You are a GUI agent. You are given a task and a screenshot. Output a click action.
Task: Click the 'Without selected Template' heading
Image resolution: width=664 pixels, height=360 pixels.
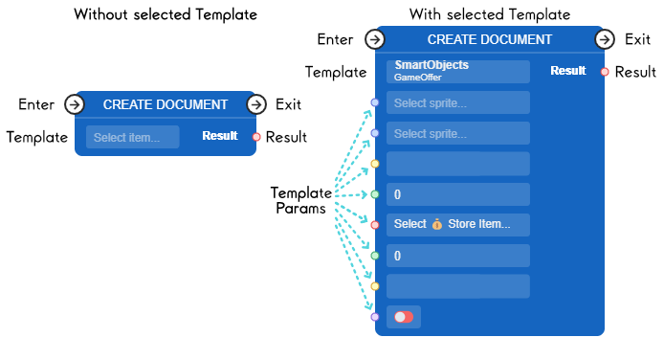pyautogui.click(x=165, y=14)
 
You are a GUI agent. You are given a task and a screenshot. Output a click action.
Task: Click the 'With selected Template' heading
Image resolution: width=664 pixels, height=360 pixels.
pyautogui.click(x=489, y=14)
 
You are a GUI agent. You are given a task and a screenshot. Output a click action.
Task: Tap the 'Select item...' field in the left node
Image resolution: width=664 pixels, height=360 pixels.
pyautogui.click(x=133, y=137)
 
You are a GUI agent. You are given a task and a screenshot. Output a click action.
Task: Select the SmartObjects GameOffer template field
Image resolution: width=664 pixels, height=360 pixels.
pyautogui.click(x=457, y=72)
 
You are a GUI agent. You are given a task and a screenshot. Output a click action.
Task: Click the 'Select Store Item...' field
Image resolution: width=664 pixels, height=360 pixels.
pyautogui.click(x=457, y=225)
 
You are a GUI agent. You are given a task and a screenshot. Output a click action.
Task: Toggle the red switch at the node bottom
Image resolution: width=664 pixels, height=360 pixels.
pyautogui.click(x=404, y=317)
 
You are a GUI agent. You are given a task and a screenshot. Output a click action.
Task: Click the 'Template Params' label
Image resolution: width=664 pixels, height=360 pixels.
pyautogui.click(x=300, y=200)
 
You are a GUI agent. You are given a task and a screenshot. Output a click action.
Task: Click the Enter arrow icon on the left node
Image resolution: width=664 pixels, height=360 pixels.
pyautogui.click(x=75, y=104)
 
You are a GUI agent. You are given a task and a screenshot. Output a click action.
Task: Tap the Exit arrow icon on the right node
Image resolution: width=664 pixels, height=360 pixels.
pyautogui.click(x=605, y=39)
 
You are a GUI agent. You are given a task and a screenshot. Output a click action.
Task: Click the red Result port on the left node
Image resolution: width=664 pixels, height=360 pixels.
pyautogui.click(x=256, y=137)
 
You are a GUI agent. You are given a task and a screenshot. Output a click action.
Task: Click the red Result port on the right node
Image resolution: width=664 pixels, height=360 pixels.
pyautogui.click(x=605, y=72)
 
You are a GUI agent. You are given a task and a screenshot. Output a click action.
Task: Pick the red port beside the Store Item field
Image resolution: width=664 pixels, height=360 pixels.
pyautogui.click(x=375, y=225)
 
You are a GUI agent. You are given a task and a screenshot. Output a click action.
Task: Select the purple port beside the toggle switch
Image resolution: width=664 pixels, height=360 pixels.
pyautogui.click(x=375, y=317)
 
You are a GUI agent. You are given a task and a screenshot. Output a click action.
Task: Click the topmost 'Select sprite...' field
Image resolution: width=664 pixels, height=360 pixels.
pyautogui.click(x=457, y=102)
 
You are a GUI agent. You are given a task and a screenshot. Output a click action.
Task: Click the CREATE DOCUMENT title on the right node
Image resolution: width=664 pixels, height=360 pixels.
pyautogui.click(x=489, y=39)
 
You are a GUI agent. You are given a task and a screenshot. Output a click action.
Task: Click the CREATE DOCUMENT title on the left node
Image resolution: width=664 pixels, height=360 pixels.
pyautogui.click(x=166, y=104)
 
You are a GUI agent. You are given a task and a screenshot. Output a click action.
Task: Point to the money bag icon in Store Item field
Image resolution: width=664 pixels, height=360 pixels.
pyautogui.click(x=437, y=225)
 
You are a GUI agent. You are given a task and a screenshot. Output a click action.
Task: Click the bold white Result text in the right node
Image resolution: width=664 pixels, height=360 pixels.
pyautogui.click(x=568, y=71)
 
